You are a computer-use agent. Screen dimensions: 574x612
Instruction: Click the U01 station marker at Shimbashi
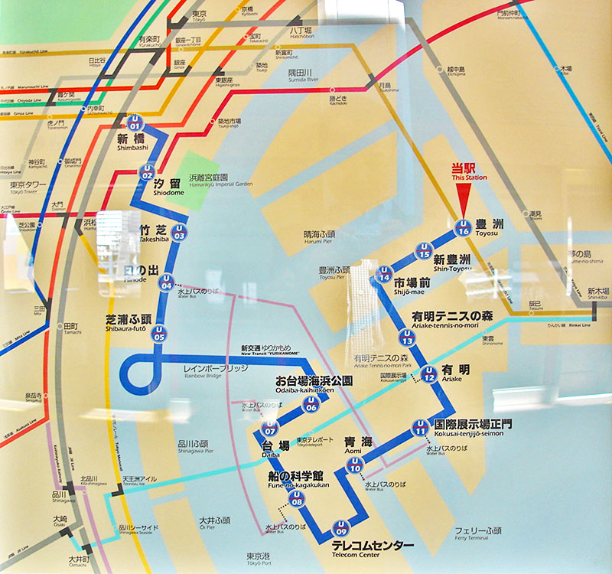click(x=135, y=122)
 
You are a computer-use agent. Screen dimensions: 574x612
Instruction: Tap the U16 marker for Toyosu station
click(x=462, y=227)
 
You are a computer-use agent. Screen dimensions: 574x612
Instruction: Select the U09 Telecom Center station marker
click(x=341, y=529)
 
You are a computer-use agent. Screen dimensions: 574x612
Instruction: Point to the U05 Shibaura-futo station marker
click(x=159, y=334)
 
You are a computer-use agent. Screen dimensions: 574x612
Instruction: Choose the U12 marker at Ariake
click(x=429, y=376)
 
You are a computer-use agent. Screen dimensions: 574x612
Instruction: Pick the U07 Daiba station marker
click(x=269, y=428)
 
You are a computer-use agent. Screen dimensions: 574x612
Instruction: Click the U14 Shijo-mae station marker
click(x=385, y=276)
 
